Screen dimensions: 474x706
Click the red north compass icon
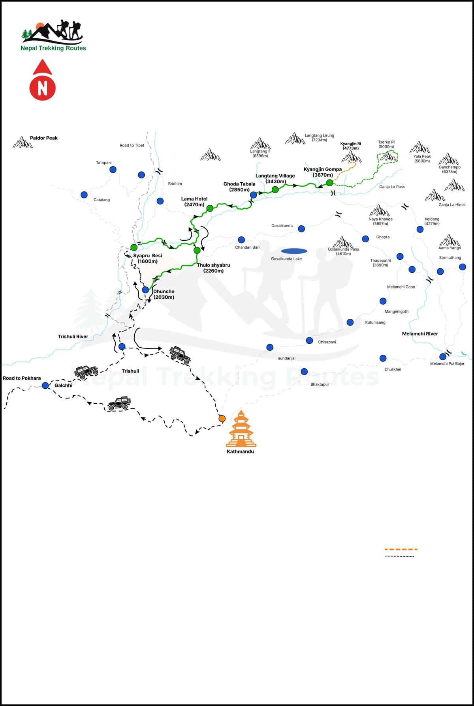click(x=43, y=81)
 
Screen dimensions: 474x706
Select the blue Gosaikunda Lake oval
click(x=294, y=251)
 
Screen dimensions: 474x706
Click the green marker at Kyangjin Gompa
click(x=329, y=183)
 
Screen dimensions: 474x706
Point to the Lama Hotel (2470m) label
click(x=194, y=202)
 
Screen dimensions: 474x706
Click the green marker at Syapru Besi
click(x=134, y=247)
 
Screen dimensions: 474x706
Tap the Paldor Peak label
click(x=43, y=138)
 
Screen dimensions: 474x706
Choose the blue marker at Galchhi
click(x=45, y=386)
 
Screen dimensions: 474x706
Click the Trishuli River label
click(x=73, y=337)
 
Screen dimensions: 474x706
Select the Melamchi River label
click(x=420, y=334)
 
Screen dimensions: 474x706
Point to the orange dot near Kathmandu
click(x=222, y=418)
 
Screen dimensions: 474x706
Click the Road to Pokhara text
click(x=22, y=378)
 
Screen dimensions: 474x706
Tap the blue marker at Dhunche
click(x=145, y=290)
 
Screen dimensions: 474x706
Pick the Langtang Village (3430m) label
click(x=275, y=179)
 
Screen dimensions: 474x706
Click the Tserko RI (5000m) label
click(x=386, y=144)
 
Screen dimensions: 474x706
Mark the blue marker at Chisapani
click(x=309, y=341)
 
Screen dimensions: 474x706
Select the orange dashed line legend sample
click(x=401, y=549)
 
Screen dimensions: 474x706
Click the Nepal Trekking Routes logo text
click(x=53, y=48)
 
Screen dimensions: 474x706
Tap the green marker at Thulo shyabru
click(x=197, y=250)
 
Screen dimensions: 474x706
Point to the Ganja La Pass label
click(x=392, y=187)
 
